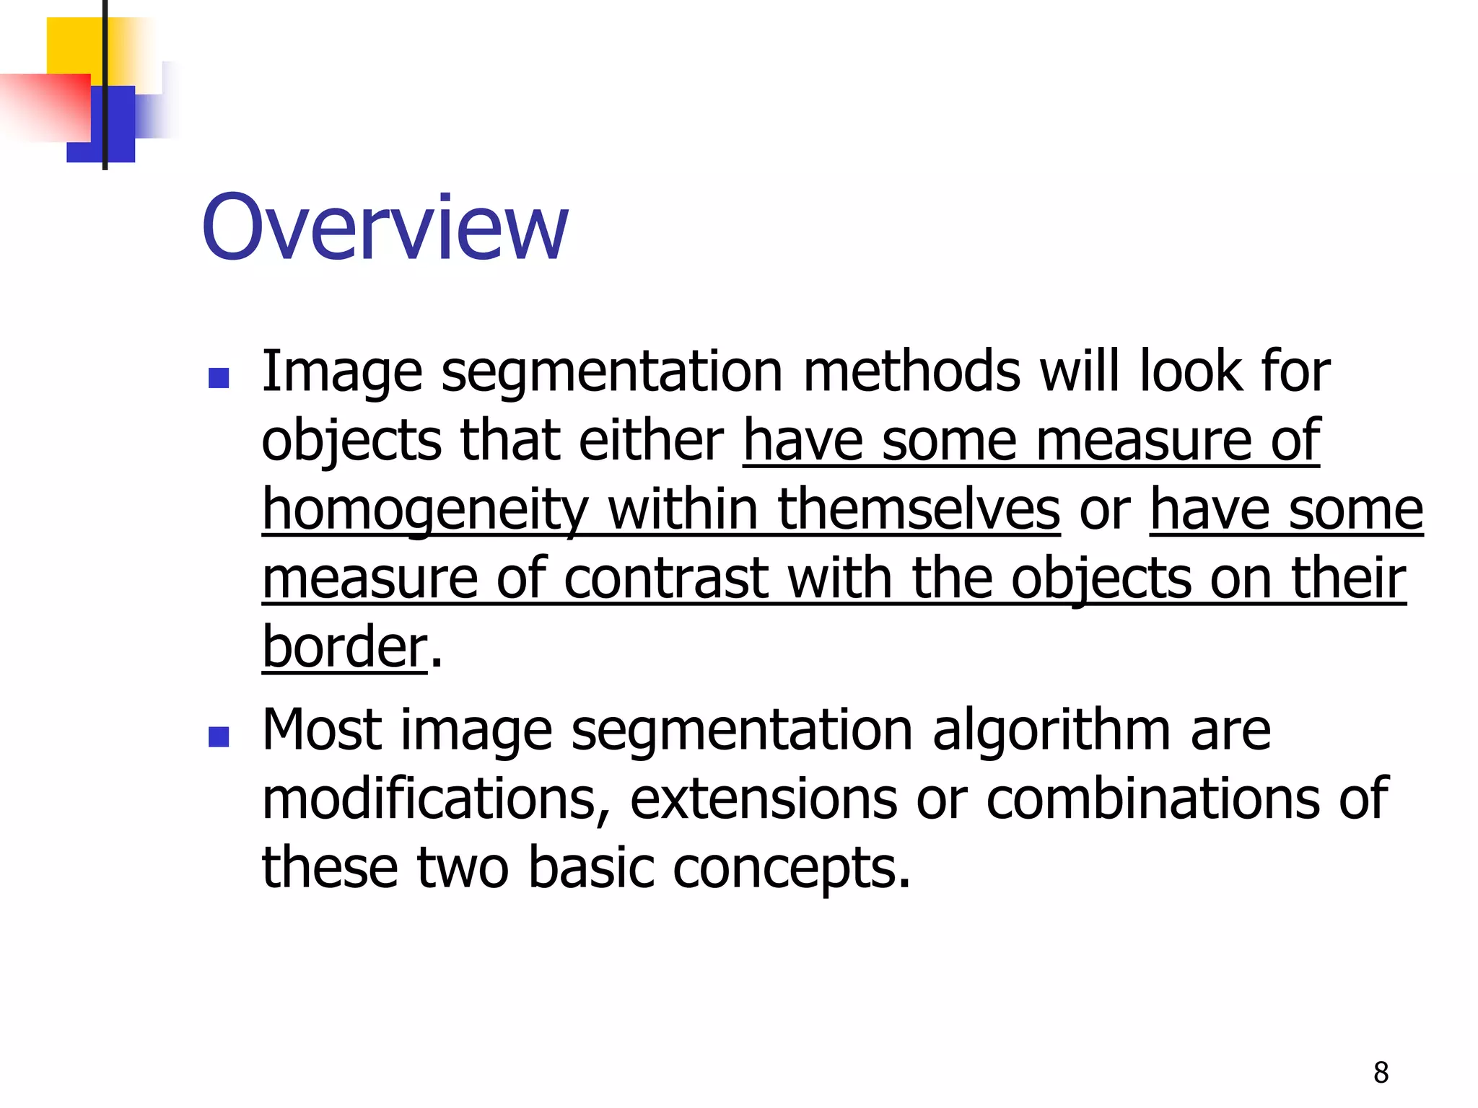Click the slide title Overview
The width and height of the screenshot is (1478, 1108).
pos(385,228)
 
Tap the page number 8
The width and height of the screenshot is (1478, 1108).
pos(1381,1073)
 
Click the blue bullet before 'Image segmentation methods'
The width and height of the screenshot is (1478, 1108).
pos(218,378)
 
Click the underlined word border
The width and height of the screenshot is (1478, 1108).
pos(345,646)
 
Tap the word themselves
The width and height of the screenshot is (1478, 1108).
pos(919,509)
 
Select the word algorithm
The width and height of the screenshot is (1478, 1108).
pos(1051,730)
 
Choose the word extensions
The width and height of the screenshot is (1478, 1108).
pos(764,799)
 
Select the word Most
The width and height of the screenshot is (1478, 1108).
pos(322,730)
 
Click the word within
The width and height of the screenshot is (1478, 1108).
pos(683,509)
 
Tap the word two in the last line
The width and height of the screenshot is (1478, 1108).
pos(463,869)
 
